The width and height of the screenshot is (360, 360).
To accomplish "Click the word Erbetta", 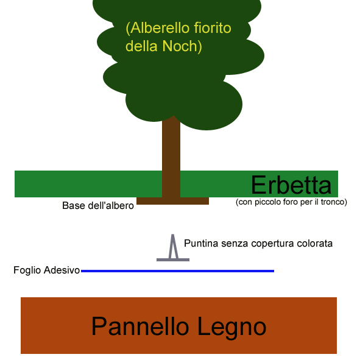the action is click(x=291, y=185).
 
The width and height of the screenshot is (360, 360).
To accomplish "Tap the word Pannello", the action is click(x=140, y=326).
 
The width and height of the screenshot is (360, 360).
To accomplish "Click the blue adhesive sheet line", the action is click(x=177, y=271).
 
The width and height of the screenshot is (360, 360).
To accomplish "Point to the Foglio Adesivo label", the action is click(x=47, y=270).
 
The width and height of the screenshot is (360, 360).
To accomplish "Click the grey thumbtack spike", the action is click(x=173, y=246).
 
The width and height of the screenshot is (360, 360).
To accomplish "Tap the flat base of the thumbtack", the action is click(x=173, y=260).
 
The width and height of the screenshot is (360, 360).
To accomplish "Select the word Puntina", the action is click(x=201, y=244).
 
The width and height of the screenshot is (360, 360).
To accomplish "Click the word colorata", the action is click(x=314, y=244).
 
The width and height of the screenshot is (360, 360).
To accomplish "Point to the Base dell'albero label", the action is click(x=98, y=205).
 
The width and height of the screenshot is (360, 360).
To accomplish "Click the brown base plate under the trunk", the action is click(x=172, y=201).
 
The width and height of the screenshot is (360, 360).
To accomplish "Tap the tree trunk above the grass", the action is click(x=171, y=147).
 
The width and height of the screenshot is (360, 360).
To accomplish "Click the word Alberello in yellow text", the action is click(x=158, y=28).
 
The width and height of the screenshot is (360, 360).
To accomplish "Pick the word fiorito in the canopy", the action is click(x=213, y=28).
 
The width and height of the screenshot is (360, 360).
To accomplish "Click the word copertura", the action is click(x=272, y=244).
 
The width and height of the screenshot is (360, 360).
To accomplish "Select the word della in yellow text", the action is click(x=143, y=46).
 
